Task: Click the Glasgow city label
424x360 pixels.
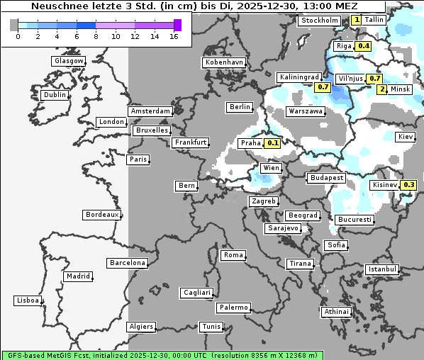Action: [x=68, y=61]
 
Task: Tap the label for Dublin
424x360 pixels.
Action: [x=55, y=95]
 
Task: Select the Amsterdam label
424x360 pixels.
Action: [x=150, y=111]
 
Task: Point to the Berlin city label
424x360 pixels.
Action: [x=240, y=107]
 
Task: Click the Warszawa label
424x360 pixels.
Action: [x=306, y=111]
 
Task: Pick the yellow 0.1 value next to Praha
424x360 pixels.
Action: [x=272, y=142]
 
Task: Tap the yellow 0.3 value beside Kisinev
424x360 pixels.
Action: [x=408, y=185]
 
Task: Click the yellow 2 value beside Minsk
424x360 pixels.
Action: [x=382, y=89]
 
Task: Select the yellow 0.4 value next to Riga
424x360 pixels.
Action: [x=364, y=46]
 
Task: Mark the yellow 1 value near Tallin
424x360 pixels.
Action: [x=356, y=20]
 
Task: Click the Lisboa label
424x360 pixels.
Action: [x=27, y=300]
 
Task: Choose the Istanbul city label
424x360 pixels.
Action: [x=382, y=269]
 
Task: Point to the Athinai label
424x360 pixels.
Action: [x=336, y=312]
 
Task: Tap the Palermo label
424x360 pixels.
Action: [x=233, y=308]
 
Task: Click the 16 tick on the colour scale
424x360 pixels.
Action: [x=174, y=36]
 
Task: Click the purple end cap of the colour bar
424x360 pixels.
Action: [x=177, y=25]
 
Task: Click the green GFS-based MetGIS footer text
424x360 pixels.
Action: [x=162, y=355]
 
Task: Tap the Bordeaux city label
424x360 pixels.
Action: [x=101, y=215]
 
